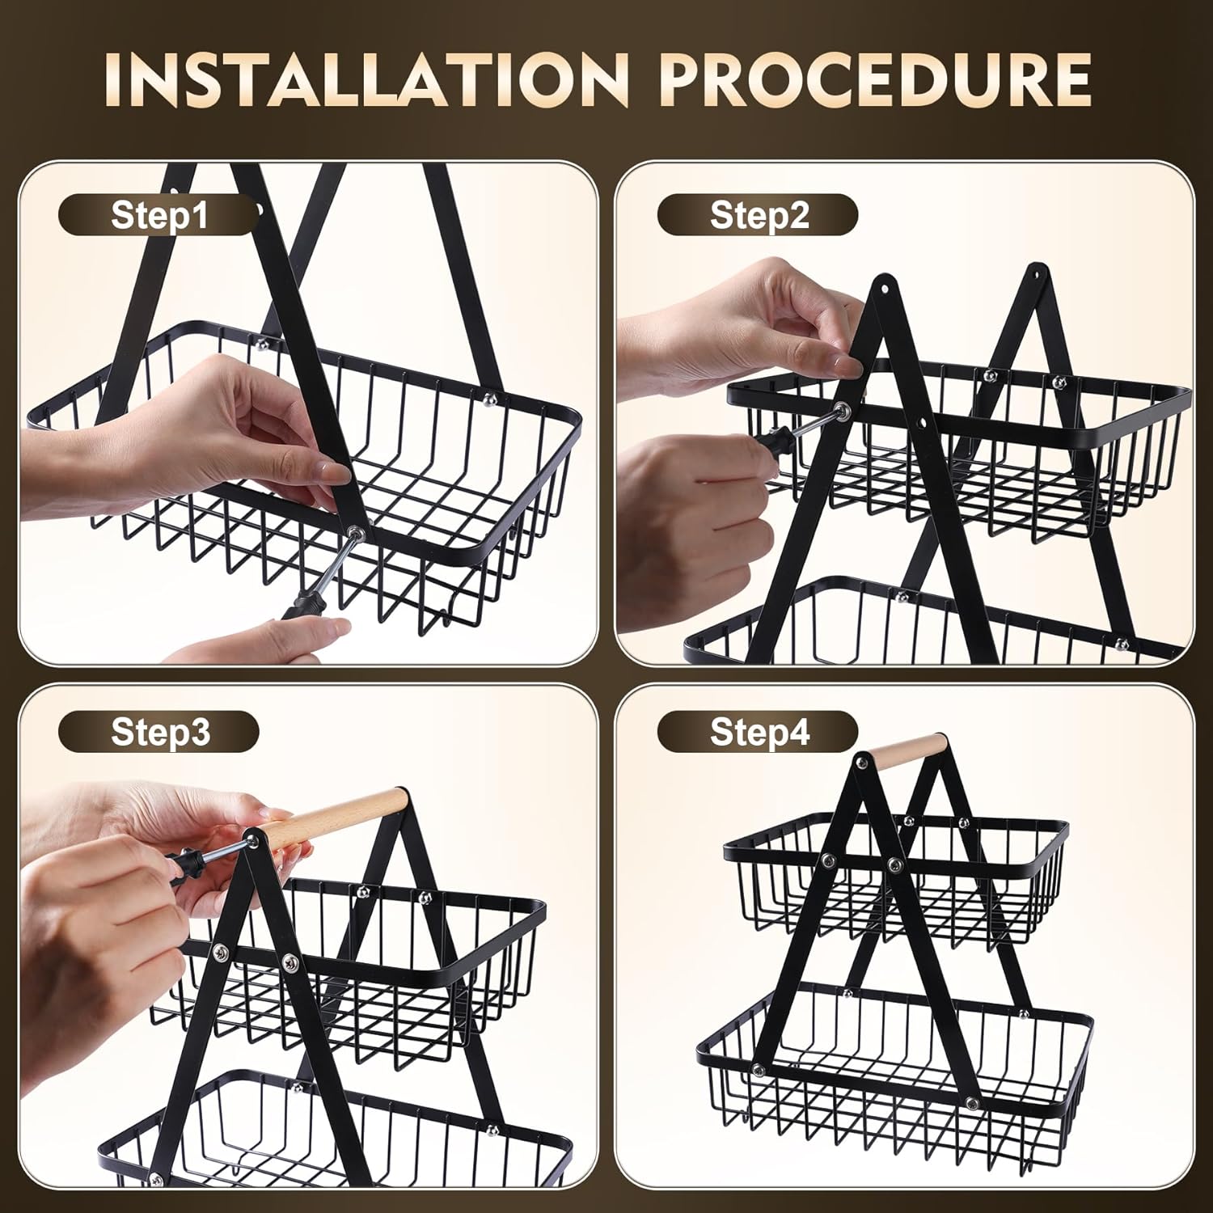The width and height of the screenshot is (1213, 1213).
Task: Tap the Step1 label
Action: click(x=159, y=216)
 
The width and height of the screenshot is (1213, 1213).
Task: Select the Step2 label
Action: click(x=759, y=216)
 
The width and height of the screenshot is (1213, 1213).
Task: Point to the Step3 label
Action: click(x=160, y=732)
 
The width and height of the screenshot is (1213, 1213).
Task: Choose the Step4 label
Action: click(x=759, y=732)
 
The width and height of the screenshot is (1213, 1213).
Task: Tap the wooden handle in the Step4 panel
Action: click(x=903, y=749)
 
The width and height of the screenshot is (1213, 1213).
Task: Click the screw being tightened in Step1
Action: click(x=355, y=531)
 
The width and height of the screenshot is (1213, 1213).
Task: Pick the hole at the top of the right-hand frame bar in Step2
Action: click(x=1038, y=270)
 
